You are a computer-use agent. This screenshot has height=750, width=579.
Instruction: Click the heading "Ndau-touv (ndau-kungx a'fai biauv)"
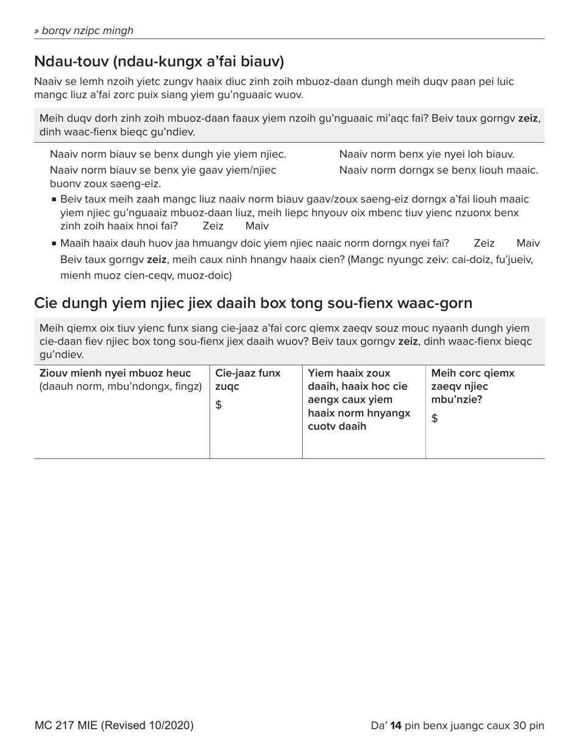pyautogui.click(x=159, y=61)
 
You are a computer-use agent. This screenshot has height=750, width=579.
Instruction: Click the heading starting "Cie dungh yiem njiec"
pyautogui.click(x=253, y=302)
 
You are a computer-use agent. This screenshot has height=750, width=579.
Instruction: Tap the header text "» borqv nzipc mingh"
pyautogui.click(x=83, y=30)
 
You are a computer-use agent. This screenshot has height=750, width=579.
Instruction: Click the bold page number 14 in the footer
pyautogui.click(x=396, y=726)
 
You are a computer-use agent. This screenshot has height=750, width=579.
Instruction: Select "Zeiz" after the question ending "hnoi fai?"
pyautogui.click(x=213, y=226)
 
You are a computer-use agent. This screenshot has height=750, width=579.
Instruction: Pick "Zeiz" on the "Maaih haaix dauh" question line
pyautogui.click(x=484, y=243)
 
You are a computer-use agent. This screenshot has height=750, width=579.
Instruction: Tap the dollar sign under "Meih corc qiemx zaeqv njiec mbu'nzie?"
pyautogui.click(x=435, y=418)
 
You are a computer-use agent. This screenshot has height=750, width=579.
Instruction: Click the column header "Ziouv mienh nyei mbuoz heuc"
pyautogui.click(x=115, y=373)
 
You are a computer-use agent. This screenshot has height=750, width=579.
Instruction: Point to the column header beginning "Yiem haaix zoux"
pyautogui.click(x=349, y=373)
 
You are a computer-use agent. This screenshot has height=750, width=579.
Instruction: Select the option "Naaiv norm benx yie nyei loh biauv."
pyautogui.click(x=427, y=154)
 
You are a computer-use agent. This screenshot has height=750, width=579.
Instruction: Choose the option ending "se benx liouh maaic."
pyautogui.click(x=438, y=170)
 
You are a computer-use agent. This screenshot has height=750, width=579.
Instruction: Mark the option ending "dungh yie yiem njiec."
pyautogui.click(x=168, y=154)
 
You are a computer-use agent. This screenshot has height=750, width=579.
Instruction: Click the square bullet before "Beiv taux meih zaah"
pyautogui.click(x=54, y=199)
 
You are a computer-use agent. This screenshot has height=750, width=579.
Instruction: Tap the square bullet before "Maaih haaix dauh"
pyautogui.click(x=54, y=243)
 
